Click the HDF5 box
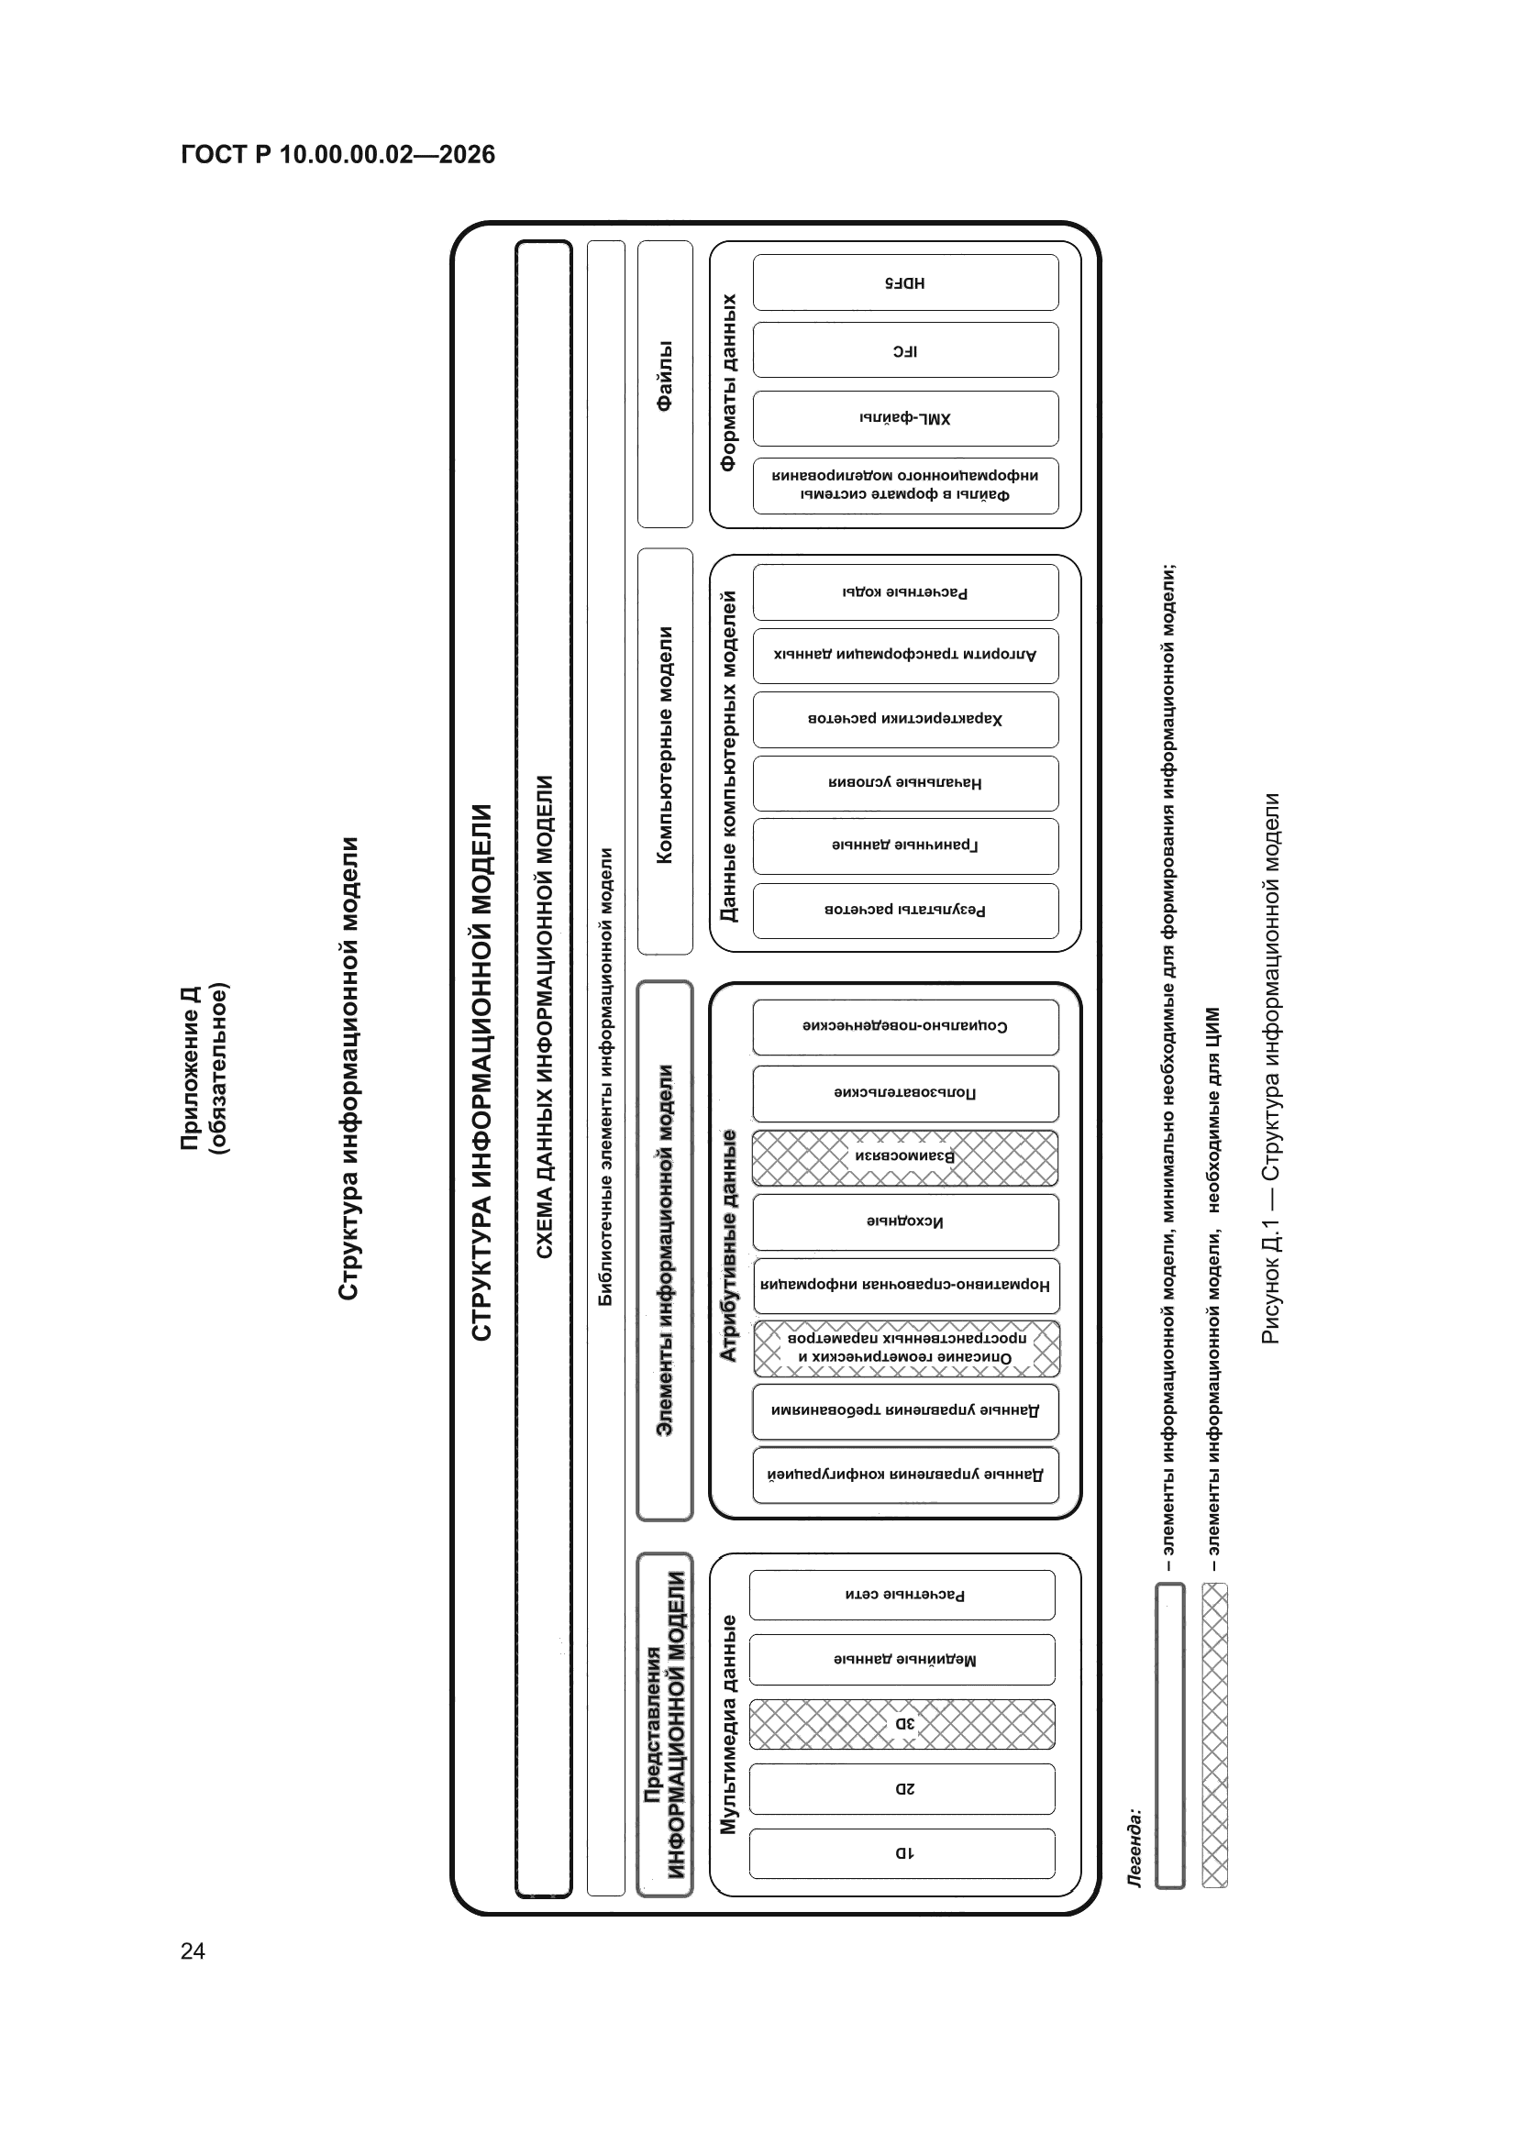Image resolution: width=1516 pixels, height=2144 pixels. pos(905,282)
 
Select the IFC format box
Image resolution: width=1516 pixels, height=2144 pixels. pos(905,350)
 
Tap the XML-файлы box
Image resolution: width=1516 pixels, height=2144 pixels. pos(905,418)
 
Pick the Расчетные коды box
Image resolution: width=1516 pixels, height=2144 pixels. pos(905,592)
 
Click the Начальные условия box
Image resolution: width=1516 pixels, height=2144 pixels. pos(905,782)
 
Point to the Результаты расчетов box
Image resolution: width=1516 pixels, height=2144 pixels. pos(905,911)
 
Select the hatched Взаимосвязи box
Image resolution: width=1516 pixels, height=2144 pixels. pos(905,1158)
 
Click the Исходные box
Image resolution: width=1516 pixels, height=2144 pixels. pos(905,1221)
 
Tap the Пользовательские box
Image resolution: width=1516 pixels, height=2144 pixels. pos(905,1093)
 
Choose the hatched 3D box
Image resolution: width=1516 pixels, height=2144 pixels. pos(902,1724)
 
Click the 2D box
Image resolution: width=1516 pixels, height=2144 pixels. pos(902,1788)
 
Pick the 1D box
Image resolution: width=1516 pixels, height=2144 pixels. pos(902,1852)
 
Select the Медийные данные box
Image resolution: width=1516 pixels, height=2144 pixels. pos(902,1660)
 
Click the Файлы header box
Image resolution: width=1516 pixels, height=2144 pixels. pos(665,384)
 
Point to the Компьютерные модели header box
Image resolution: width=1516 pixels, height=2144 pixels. pos(665,751)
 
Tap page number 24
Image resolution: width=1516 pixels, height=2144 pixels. pos(193,1951)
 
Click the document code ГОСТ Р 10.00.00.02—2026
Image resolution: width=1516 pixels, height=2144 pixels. pos(338,154)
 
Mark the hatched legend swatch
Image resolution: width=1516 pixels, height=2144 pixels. pos(1215,1735)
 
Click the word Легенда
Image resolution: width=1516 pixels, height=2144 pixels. pos(1134,1848)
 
